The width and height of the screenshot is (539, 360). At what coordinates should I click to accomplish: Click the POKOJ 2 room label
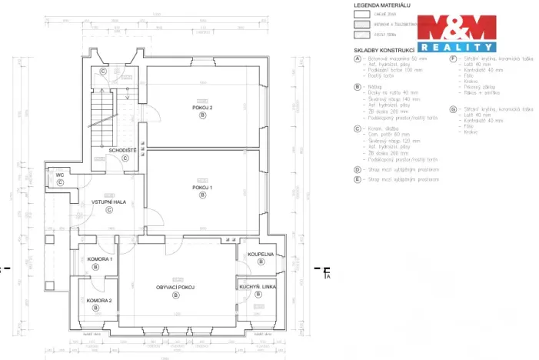[202, 107]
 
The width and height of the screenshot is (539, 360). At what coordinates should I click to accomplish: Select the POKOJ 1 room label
[202, 187]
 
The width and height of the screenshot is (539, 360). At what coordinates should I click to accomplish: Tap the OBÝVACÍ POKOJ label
[175, 287]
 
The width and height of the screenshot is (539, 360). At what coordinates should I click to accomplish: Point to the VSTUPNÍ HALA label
[108, 202]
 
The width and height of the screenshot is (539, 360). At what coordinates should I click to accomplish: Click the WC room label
[59, 175]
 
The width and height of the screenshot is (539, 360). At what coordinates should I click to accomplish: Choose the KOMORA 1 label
[99, 259]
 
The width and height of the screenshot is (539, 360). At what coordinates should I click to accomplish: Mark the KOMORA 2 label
[99, 300]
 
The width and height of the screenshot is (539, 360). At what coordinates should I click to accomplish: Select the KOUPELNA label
[260, 254]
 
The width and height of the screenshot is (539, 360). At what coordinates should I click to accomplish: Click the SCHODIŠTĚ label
[122, 150]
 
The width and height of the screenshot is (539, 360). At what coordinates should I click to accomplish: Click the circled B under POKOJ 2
[202, 115]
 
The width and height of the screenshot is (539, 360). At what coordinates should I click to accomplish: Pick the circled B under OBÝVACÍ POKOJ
[175, 295]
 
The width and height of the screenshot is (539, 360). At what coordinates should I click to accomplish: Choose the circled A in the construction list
[358, 58]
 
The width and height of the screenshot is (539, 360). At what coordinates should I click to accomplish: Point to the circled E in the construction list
[358, 178]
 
